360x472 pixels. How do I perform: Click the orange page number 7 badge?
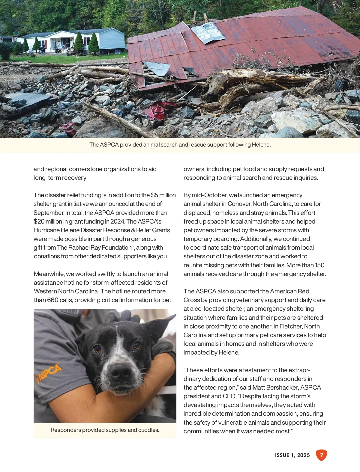321,455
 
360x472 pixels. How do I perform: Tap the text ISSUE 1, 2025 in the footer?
292,455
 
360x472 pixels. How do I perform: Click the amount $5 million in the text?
163,195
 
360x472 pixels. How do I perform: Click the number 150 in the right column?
319,265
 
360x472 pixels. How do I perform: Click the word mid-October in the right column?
209,195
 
